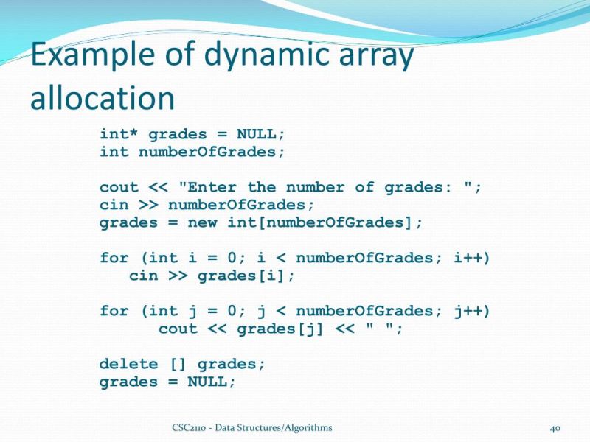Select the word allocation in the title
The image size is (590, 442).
(x=103, y=98)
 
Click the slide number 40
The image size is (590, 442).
(x=557, y=428)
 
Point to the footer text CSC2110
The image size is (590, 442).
(x=188, y=427)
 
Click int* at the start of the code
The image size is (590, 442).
(x=119, y=134)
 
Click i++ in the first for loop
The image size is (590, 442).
(x=472, y=258)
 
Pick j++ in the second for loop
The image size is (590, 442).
(x=472, y=311)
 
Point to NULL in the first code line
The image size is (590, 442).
(x=256, y=134)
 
